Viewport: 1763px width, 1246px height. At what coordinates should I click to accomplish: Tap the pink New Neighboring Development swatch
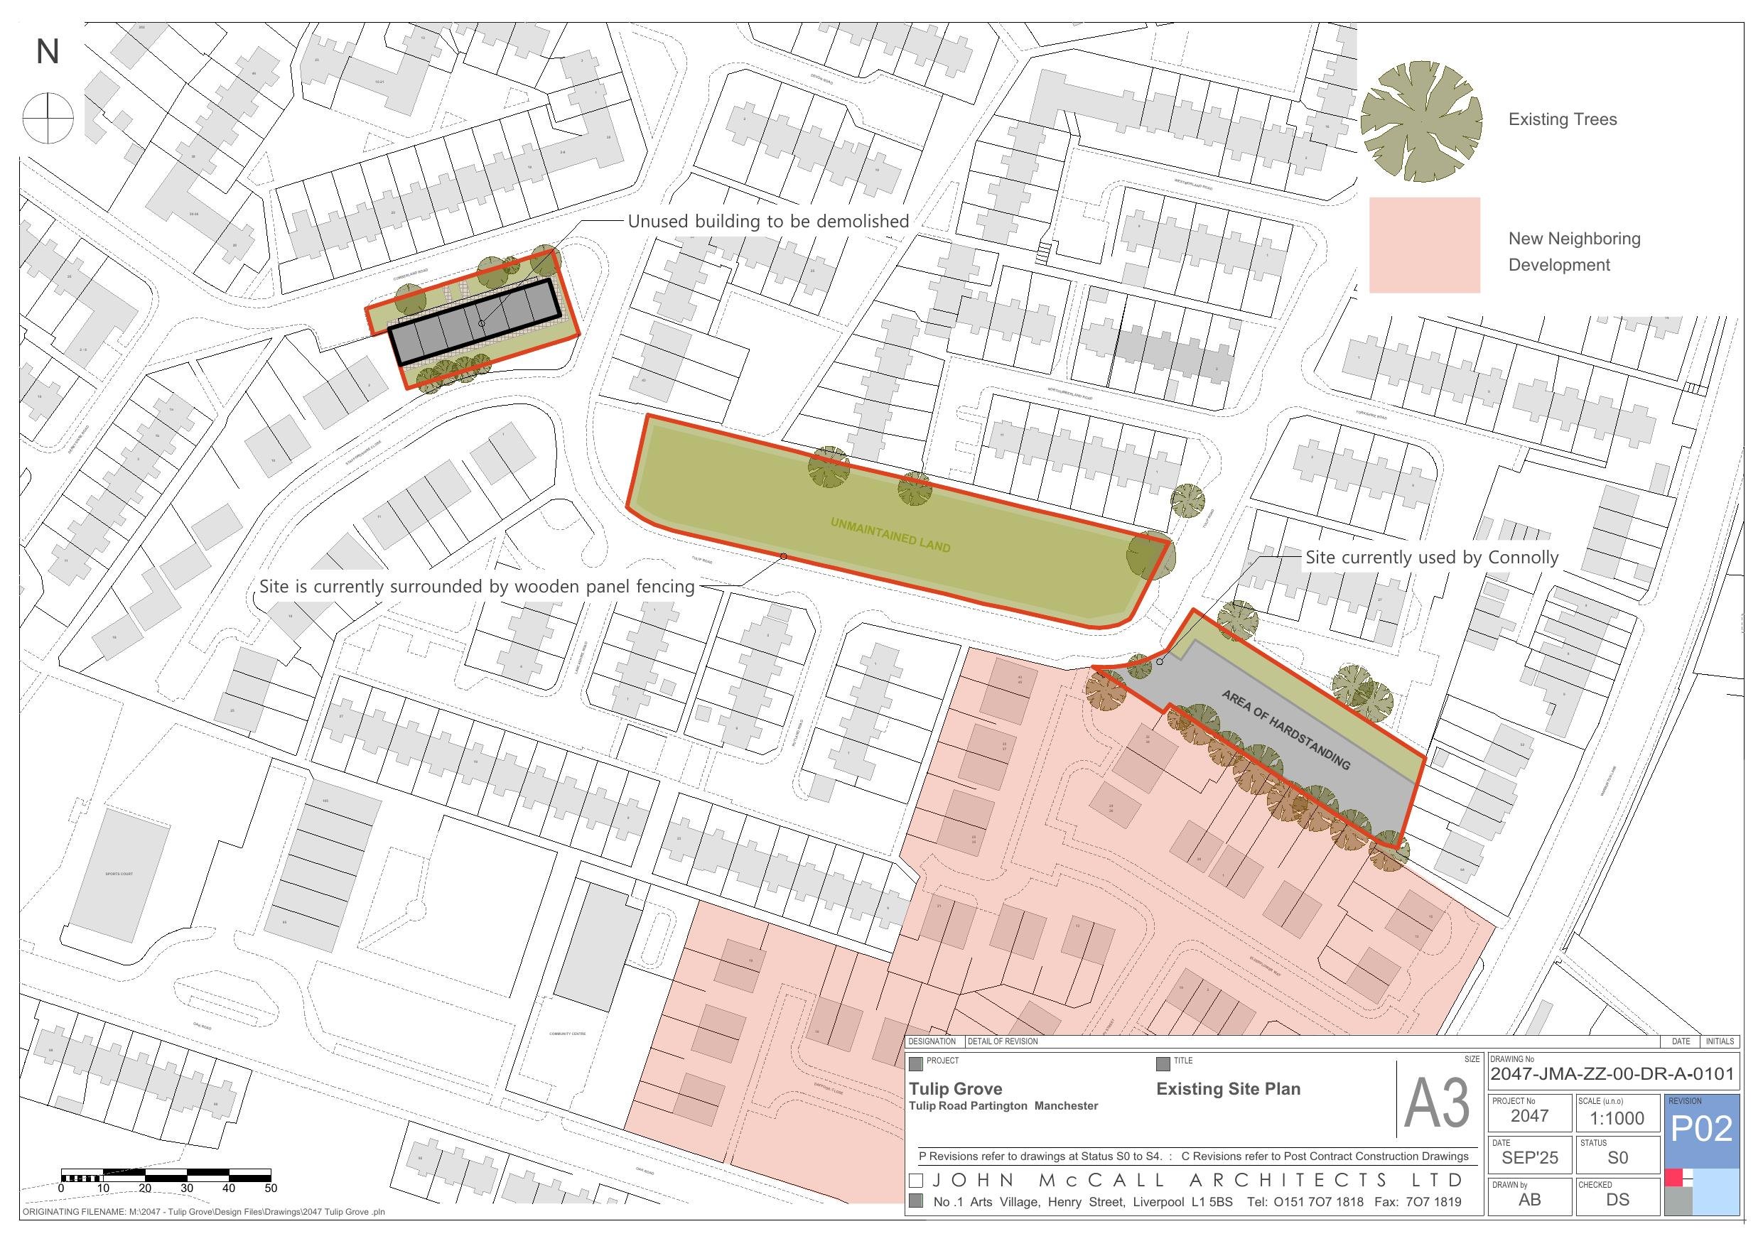coord(1424,245)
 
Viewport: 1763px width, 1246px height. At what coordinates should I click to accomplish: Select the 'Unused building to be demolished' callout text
coord(768,222)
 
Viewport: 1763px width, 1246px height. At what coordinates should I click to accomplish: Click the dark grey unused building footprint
coord(473,322)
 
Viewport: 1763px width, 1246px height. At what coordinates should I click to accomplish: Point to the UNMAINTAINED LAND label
coord(890,535)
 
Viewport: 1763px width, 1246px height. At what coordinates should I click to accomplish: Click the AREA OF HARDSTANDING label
coord(1285,730)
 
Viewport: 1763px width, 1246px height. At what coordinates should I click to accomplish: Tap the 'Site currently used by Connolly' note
coord(1432,558)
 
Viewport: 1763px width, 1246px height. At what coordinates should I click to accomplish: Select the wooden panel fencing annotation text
coord(476,587)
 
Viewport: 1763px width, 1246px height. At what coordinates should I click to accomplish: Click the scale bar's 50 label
coord(270,1188)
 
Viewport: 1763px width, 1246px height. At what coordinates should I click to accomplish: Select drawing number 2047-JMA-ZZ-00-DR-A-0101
coord(1612,1074)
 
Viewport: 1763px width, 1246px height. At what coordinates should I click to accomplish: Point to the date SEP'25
coord(1530,1158)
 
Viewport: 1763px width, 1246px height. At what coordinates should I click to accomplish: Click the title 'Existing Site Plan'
coord(1228,1088)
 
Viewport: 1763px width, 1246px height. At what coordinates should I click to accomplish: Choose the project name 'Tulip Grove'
coord(955,1088)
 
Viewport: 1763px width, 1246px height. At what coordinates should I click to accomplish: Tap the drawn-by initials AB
coord(1530,1199)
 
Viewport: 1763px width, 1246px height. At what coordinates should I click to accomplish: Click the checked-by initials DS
coord(1617,1199)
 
